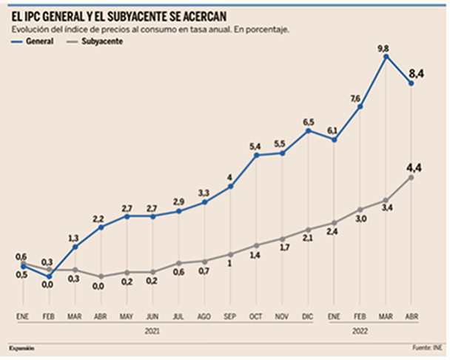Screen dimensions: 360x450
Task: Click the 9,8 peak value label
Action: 383,49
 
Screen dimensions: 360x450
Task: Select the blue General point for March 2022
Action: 386,57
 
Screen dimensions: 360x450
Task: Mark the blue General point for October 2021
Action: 256,156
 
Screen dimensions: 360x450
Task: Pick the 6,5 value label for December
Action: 308,121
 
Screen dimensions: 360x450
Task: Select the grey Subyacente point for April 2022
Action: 412,177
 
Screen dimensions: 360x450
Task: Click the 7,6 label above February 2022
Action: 355,99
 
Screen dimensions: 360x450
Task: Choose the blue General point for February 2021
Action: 49,276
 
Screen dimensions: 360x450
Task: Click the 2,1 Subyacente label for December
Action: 308,238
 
